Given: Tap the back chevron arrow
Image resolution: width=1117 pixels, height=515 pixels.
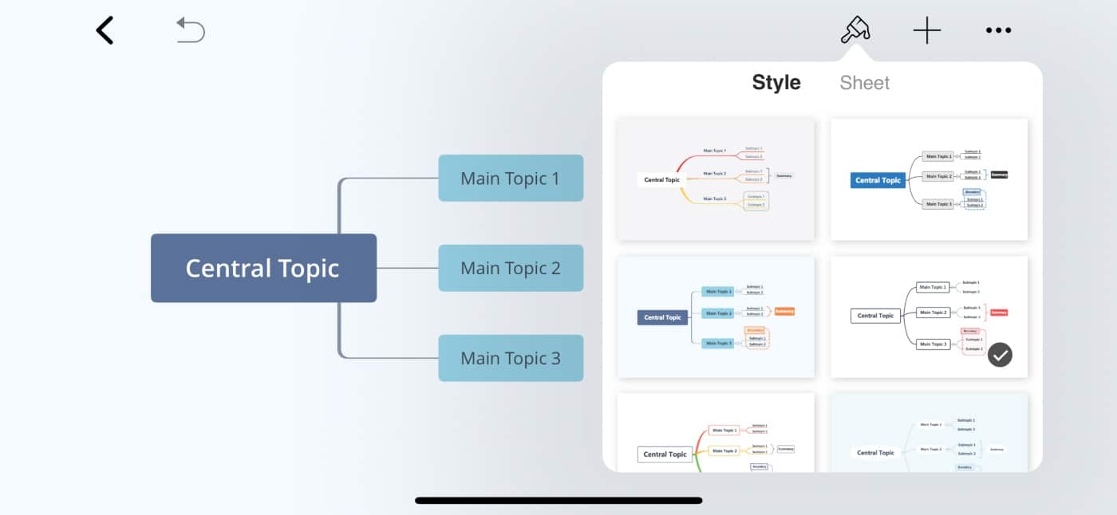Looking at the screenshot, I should click(x=105, y=30).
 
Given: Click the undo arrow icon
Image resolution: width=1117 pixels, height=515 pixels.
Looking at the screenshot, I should click(x=191, y=30).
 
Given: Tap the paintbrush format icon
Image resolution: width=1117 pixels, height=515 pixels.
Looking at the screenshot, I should click(x=855, y=30).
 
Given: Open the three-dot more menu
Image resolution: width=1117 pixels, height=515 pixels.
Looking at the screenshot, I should click(x=998, y=31).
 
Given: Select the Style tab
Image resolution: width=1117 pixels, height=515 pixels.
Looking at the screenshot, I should click(x=776, y=83).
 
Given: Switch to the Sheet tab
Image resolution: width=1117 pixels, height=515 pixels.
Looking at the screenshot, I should click(x=865, y=83).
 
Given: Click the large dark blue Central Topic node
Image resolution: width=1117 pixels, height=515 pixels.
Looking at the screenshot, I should click(x=263, y=268).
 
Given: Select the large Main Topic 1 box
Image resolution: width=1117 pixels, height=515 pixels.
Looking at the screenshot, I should click(x=511, y=178).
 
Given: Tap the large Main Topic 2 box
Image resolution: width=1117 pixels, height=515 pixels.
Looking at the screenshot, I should click(x=511, y=268).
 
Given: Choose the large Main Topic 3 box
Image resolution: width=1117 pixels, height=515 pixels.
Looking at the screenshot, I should click(x=511, y=358).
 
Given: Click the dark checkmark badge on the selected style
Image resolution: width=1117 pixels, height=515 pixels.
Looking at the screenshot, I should click(x=1000, y=355).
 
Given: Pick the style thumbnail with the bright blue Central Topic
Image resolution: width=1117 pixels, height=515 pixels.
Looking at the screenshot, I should click(x=929, y=179).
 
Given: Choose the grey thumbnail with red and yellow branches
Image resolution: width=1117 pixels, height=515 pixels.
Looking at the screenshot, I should click(x=716, y=179).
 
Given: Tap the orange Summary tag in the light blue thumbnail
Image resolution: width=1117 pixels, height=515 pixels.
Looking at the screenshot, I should click(x=784, y=311).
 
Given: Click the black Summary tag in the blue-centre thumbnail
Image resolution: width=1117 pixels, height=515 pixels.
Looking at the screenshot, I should click(x=999, y=174).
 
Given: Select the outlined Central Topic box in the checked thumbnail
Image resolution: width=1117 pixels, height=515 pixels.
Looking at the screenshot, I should click(x=875, y=316).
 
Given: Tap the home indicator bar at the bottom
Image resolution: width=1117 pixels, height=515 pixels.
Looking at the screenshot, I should click(x=558, y=501).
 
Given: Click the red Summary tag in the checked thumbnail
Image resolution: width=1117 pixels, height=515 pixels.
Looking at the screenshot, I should click(x=999, y=313).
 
